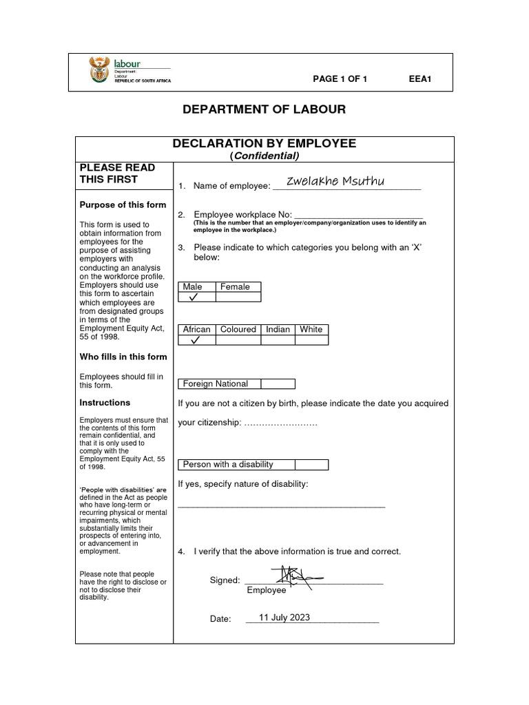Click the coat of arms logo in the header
(x=99, y=71)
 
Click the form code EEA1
(x=419, y=79)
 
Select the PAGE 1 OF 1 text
(x=340, y=79)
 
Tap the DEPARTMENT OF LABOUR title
(x=264, y=109)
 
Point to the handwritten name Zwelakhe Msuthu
(x=335, y=181)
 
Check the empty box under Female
(x=238, y=297)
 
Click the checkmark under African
(x=196, y=340)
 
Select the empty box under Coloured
(x=238, y=340)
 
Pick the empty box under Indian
(x=278, y=340)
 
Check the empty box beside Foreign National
(x=278, y=384)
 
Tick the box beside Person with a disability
(x=311, y=465)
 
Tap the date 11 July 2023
(x=284, y=618)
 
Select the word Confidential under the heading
(x=264, y=156)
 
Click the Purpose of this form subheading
(x=123, y=204)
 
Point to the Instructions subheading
(x=105, y=403)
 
